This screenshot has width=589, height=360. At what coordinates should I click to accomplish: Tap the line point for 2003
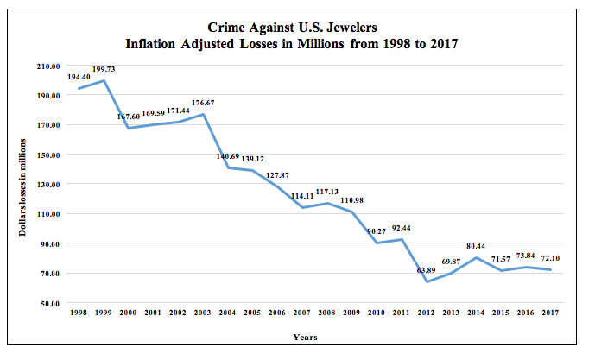[203, 114]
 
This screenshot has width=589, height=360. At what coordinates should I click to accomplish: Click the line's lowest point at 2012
[427, 281]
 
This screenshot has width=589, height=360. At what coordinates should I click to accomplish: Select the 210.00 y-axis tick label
[47, 66]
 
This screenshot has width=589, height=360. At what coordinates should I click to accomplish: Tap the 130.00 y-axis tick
[47, 184]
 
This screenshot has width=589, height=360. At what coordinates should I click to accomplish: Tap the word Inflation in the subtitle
[155, 44]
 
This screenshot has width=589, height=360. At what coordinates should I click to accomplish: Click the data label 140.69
[228, 157]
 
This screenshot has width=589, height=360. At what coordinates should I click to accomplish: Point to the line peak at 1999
[104, 80]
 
